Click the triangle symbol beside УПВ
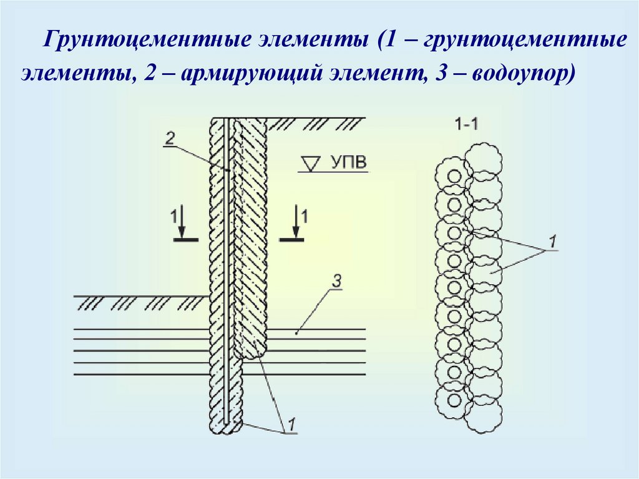[309, 164]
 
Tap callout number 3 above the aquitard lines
[336, 282]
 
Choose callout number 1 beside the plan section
[552, 241]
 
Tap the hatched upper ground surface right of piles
[318, 122]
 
